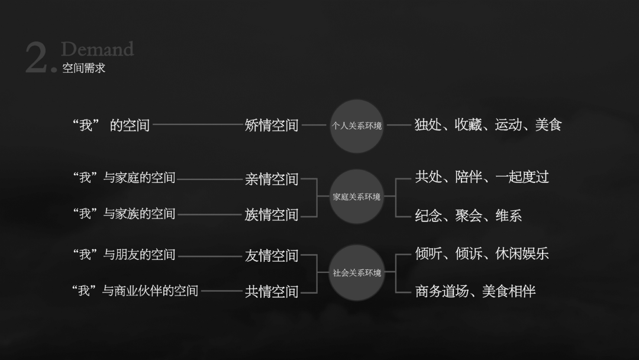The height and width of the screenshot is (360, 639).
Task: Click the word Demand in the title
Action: [x=97, y=49]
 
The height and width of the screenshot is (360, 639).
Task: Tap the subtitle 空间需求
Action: [x=83, y=68]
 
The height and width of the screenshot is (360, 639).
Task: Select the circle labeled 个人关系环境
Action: [x=357, y=126]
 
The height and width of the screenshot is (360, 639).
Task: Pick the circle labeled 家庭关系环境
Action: [x=357, y=197]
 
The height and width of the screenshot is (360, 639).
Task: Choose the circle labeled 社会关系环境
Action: [x=357, y=273]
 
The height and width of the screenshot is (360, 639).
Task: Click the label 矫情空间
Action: [x=272, y=126]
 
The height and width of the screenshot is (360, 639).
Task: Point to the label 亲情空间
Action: [x=272, y=179]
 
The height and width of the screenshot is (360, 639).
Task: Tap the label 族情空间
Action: [x=272, y=215]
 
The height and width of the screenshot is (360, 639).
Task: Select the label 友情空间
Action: [x=272, y=256]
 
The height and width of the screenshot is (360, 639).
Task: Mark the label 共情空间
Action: [x=272, y=291]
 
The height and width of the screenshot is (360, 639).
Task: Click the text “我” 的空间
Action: [x=111, y=126]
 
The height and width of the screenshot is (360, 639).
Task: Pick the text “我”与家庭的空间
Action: [x=124, y=178]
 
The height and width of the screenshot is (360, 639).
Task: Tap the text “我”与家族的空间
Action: [x=124, y=214]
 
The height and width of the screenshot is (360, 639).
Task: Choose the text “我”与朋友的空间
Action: [x=124, y=255]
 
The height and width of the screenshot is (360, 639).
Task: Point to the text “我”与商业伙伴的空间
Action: [x=135, y=291]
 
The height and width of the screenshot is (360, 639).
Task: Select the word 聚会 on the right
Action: [x=468, y=216]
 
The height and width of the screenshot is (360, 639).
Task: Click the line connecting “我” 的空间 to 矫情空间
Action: [x=198, y=125]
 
